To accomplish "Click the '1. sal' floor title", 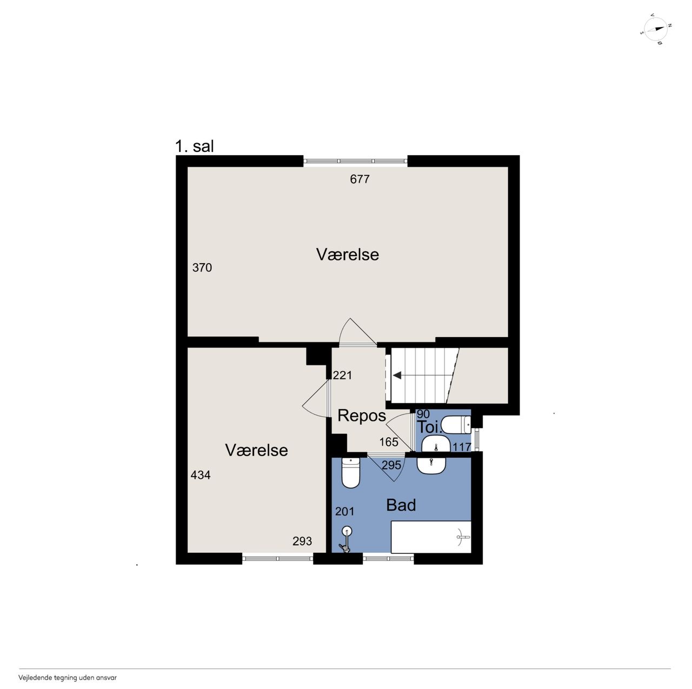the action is (194, 146).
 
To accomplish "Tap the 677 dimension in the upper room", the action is (360, 179).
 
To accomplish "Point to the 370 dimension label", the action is (202, 267).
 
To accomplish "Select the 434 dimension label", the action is (201, 475).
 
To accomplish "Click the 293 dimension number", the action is (302, 541).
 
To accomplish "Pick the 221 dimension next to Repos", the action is (342, 375).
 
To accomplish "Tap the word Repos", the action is (362, 416).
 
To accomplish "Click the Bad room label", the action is (401, 505).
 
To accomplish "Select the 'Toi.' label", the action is (429, 427).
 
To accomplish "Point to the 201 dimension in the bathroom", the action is (345, 511).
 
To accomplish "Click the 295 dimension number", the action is (391, 465).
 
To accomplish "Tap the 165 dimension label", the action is (389, 442).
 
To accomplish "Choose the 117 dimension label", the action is (462, 447).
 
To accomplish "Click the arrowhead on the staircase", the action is (397, 376).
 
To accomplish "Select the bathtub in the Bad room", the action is (431, 537).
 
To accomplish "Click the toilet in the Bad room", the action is (350, 473).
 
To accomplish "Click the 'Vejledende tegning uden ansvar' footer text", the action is (68, 678).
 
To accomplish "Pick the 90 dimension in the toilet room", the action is (423, 414).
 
